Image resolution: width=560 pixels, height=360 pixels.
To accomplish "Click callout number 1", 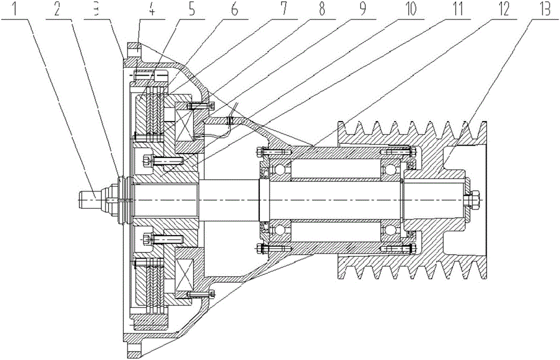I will pyautogui.click(x=20, y=10).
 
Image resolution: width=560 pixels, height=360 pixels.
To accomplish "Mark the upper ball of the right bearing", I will pyautogui.click(x=391, y=168).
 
